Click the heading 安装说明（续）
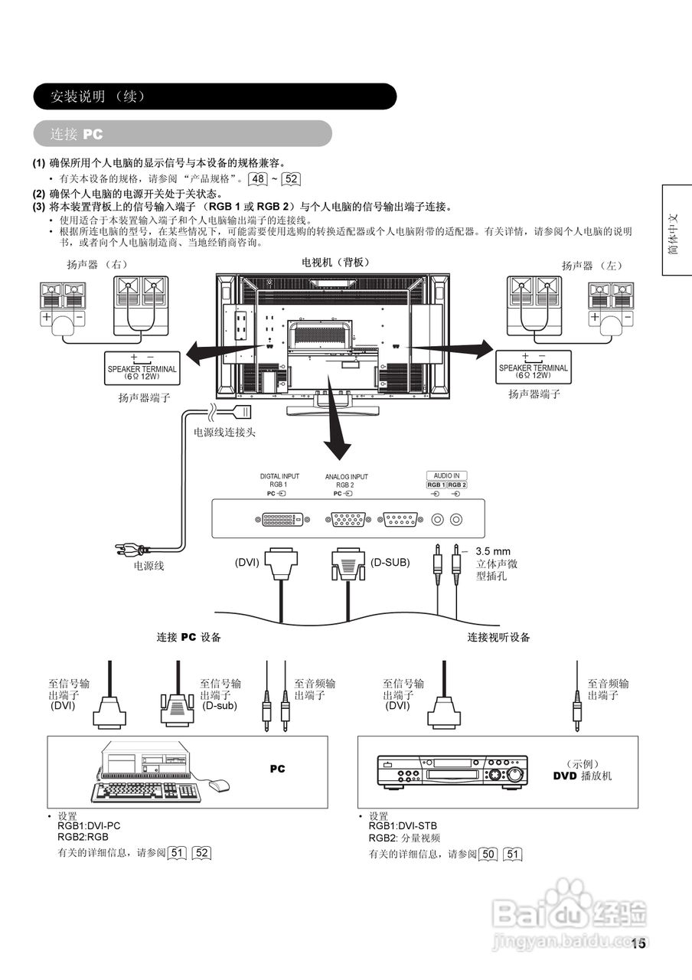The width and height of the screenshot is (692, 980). click(96, 96)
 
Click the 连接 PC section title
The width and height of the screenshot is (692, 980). click(77, 134)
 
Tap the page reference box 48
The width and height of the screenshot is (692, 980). click(259, 180)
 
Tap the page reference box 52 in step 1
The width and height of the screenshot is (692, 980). click(291, 180)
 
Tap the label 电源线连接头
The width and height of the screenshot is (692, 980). click(224, 432)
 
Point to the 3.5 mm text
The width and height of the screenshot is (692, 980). click(492, 551)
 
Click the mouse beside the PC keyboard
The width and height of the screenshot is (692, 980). click(219, 785)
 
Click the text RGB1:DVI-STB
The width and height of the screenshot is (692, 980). click(403, 826)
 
